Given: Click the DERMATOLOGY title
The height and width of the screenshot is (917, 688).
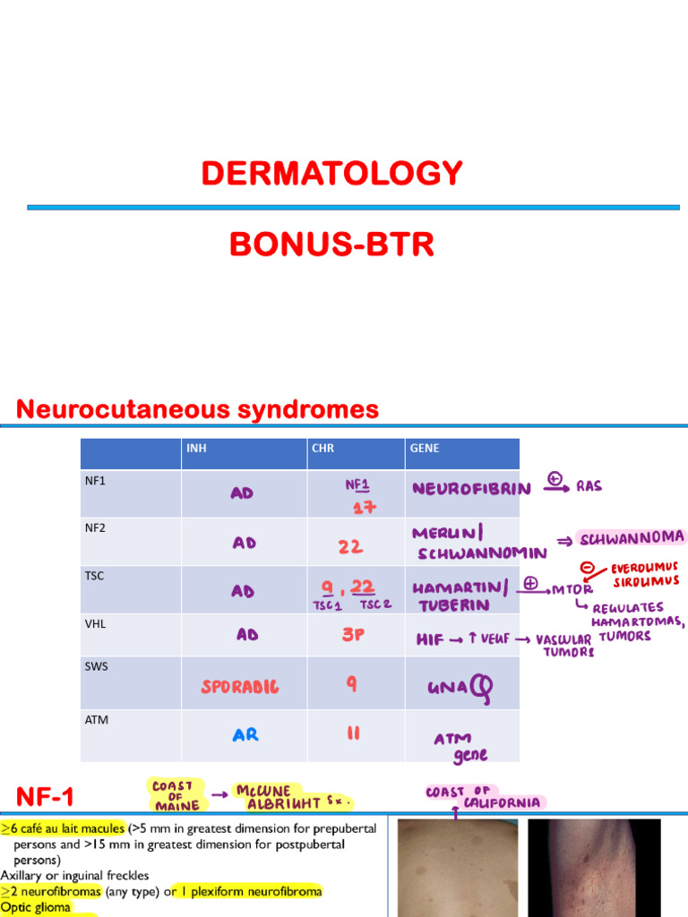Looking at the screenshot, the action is (331, 173).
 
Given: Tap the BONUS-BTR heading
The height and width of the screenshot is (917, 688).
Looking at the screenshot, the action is (331, 244).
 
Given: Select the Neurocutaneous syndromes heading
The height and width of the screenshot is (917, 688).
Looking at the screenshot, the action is (197, 408).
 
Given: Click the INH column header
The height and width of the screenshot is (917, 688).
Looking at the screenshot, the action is (196, 448).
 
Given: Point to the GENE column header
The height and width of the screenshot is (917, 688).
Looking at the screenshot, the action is (424, 448).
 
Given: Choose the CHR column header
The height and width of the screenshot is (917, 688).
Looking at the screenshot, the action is (322, 448).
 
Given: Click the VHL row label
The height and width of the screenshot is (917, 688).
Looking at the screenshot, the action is (95, 624).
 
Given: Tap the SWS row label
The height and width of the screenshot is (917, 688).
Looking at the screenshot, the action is (97, 666).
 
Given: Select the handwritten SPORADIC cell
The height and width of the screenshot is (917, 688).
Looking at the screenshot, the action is (240, 687).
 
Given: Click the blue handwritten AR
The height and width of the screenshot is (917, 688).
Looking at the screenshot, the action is (245, 734).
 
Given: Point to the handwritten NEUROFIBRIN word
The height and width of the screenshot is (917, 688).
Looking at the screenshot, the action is (471, 489).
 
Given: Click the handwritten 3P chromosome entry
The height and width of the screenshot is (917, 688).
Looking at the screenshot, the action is (353, 635).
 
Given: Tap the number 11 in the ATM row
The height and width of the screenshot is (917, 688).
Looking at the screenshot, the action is (353, 733).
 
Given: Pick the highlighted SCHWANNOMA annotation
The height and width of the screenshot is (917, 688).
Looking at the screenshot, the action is (632, 538).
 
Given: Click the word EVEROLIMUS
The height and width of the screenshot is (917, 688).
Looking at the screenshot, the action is (644, 568).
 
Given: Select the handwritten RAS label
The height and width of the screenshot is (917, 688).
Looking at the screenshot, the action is (589, 486).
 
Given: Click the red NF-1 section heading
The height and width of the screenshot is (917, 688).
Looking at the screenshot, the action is (45, 797).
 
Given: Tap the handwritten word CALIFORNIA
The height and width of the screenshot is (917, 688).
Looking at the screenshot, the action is (502, 803).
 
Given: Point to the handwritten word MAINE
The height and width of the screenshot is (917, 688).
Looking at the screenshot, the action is (177, 806).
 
